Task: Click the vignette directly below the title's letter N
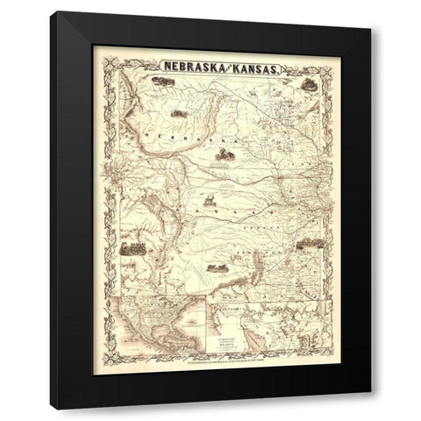(x=161, y=82)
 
